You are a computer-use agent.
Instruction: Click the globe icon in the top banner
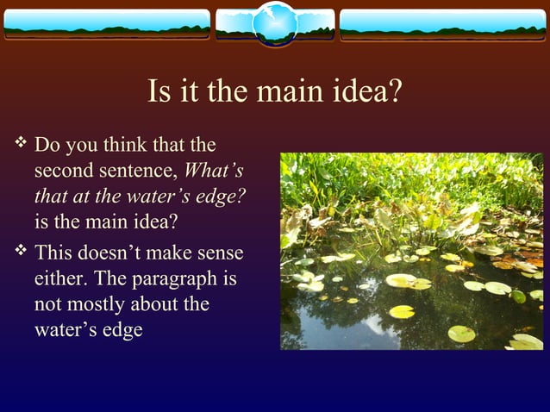[275, 23]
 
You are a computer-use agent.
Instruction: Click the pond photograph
[411, 251]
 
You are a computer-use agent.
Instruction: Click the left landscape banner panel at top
[106, 24]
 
